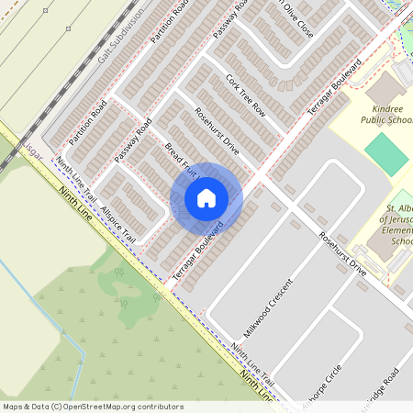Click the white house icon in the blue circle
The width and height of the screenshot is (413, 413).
[x=206, y=197]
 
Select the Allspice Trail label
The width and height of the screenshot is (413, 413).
[x=118, y=211]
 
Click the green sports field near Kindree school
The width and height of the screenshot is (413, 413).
[x=386, y=154]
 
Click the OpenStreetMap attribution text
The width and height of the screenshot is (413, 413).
[x=93, y=406]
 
